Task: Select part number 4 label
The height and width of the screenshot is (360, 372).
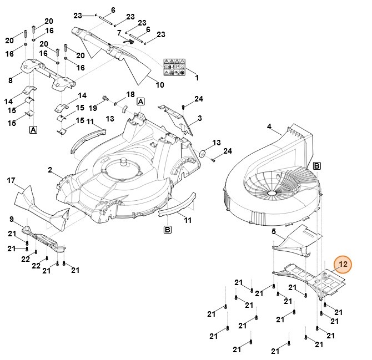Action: coord(269,127)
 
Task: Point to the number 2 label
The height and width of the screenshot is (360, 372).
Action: coord(49,169)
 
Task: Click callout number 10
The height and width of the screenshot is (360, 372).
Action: coord(160,85)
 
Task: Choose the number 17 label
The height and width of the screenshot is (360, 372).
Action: coord(11,180)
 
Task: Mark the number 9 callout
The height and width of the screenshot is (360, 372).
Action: coord(12,219)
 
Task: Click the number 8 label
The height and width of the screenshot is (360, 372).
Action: coord(11,81)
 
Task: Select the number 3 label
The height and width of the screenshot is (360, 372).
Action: coord(199,118)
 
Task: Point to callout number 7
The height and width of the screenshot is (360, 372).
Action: coord(119,33)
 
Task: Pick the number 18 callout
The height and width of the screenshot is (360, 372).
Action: coord(131,95)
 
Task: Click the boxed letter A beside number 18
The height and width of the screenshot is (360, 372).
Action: coord(141,102)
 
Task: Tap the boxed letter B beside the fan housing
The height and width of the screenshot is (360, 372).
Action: coord(316,165)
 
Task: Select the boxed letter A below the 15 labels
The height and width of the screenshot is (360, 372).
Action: coord(33,130)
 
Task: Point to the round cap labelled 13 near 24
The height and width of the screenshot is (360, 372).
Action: coord(202,153)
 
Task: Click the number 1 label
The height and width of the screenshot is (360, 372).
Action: coord(197,77)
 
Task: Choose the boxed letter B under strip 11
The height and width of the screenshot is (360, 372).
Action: coord(167,229)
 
